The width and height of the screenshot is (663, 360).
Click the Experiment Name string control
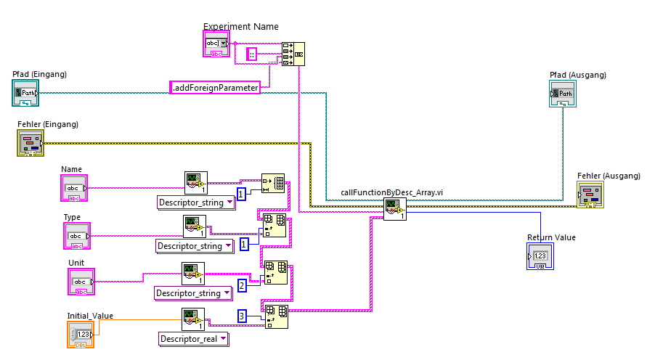216,45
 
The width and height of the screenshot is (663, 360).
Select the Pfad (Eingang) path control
26,93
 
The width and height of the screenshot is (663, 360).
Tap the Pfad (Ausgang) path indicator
564,94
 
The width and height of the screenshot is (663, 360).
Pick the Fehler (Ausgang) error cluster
590,194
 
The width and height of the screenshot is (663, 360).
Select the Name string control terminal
74,188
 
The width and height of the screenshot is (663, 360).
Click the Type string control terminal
76,236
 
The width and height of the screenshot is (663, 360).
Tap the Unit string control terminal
81,282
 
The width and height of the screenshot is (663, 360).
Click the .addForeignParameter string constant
215,88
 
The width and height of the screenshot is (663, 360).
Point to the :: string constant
252,54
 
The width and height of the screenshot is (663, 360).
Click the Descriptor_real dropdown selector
193,338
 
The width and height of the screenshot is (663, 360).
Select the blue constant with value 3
243,316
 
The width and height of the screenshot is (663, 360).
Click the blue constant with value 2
242,285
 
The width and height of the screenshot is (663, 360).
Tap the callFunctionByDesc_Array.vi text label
392,192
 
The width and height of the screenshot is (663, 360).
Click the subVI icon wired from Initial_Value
192,319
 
